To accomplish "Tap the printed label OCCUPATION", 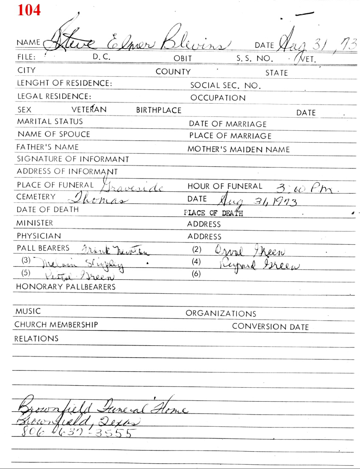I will tap(218, 98).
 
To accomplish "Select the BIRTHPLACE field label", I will tap(158, 110).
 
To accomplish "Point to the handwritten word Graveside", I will tap(132, 187).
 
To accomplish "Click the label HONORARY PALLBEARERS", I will tap(66, 287).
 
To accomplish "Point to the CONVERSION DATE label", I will tap(270, 327).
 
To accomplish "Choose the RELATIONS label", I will tap(36, 339).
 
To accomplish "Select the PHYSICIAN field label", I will tap(39, 236).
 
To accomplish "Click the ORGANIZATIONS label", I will tap(221, 314).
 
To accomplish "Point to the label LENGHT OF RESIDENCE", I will tap(64, 83).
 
